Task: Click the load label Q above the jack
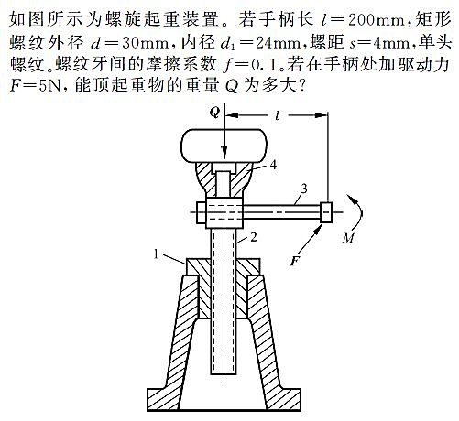(x=214, y=113)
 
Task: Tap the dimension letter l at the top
(x=278, y=115)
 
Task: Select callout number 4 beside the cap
(x=273, y=165)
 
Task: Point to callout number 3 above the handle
(x=303, y=189)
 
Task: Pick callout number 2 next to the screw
(x=254, y=237)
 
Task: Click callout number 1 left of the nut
(x=156, y=254)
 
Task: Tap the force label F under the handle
(x=295, y=261)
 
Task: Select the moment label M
(x=348, y=238)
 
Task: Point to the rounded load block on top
(x=224, y=146)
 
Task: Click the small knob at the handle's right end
(x=326, y=212)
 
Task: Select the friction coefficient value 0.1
(x=267, y=65)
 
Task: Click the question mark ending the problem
(x=301, y=87)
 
